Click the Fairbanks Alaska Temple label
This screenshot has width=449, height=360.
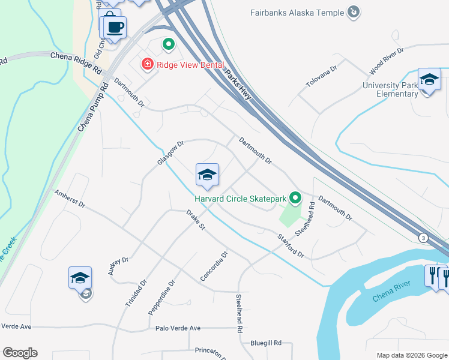298,13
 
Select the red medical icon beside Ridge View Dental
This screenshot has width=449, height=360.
146,64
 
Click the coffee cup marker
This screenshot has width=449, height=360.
114,26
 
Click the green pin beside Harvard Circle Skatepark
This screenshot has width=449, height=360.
295,197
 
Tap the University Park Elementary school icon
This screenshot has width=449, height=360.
429,79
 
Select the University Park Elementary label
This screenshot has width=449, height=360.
390,89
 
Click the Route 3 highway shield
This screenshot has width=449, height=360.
424,238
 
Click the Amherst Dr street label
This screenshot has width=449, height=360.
70,199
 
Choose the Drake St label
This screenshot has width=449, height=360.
196,220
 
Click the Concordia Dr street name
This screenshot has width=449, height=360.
214,266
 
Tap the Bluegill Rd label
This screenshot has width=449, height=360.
266,343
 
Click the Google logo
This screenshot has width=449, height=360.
20,353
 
